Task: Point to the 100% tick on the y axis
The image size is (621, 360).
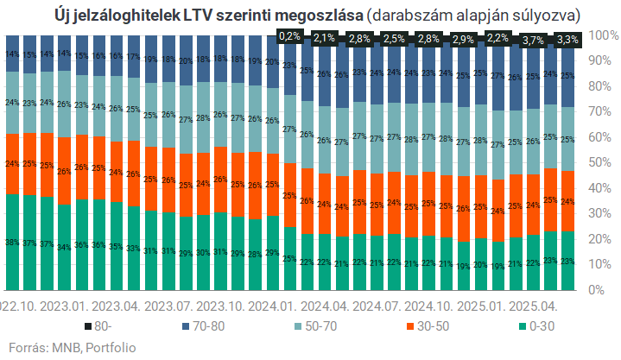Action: tap(602, 35)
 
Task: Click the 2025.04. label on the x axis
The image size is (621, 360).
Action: tap(533, 306)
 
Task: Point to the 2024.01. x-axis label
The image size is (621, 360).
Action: tap(271, 306)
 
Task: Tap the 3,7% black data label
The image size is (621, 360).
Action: tap(533, 40)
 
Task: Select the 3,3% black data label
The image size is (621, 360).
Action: tap(567, 40)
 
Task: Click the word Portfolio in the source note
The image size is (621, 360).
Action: tap(111, 347)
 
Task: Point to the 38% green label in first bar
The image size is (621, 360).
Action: tap(12, 243)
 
